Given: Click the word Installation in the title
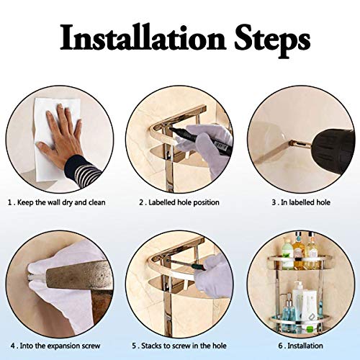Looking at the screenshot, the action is click(x=143, y=37).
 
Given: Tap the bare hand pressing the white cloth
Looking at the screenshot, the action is click(x=62, y=135).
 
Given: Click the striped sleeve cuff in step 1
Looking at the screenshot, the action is click(x=82, y=170).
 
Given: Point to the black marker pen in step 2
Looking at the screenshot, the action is click(x=200, y=141).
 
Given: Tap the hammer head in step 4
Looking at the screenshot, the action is click(x=79, y=276).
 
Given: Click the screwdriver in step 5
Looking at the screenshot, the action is click(x=185, y=264).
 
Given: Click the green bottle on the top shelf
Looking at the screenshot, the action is click(x=287, y=253).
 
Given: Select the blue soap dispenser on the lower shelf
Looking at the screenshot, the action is click(x=289, y=311).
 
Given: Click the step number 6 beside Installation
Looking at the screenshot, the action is click(x=281, y=346).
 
